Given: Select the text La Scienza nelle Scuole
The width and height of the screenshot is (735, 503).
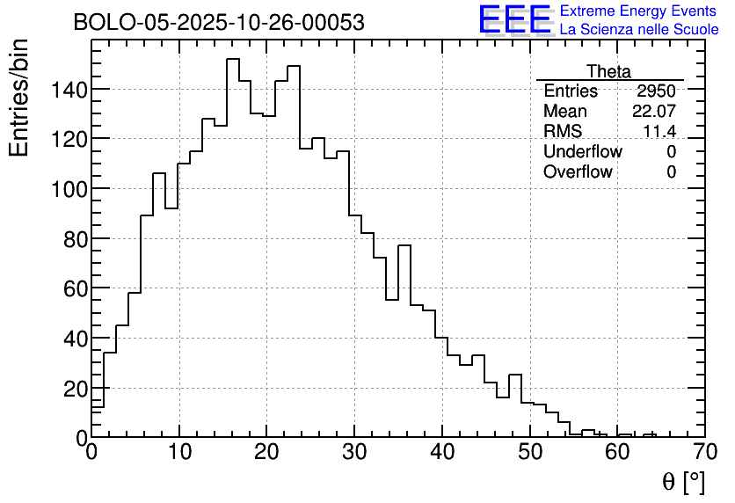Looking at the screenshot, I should tap(639, 30).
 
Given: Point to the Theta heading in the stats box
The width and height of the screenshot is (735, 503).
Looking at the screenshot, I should tap(608, 71).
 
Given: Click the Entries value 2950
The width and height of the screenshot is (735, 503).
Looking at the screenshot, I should tap(657, 91).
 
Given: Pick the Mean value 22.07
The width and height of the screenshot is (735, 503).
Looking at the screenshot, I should tap(654, 112).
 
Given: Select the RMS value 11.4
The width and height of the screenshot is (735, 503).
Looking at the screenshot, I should tap(659, 132).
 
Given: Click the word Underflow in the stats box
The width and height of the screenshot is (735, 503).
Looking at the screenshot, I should tap(582, 152).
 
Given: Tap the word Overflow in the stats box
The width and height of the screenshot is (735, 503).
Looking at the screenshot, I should tap(578, 172).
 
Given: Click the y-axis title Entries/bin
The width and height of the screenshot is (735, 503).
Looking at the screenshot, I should tap(19, 98).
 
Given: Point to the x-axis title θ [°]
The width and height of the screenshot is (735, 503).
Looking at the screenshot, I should tap(683, 481).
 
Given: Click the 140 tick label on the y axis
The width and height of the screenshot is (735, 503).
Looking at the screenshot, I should tap(69, 90).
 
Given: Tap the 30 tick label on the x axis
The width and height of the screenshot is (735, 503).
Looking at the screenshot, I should tap(354, 454).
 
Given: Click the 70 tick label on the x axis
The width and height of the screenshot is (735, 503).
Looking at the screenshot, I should tap(705, 454).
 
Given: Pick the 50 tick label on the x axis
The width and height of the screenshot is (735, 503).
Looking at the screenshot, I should tap(530, 454).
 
